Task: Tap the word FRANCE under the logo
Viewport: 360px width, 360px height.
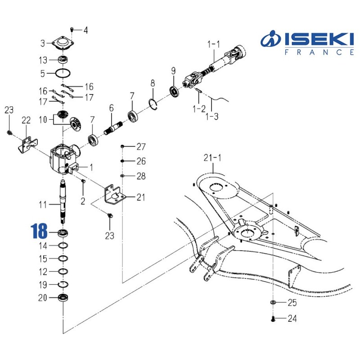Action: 319,53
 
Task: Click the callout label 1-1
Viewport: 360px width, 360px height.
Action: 214,44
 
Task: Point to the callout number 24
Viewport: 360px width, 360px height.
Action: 292,319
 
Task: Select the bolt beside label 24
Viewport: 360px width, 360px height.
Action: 274,319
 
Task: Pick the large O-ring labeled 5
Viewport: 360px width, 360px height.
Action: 63,72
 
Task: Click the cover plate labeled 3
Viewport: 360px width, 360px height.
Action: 63,44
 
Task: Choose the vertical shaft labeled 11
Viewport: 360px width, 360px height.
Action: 63,200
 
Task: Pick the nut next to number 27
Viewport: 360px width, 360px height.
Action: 122,147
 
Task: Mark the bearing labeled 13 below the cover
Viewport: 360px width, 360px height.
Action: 63,59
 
